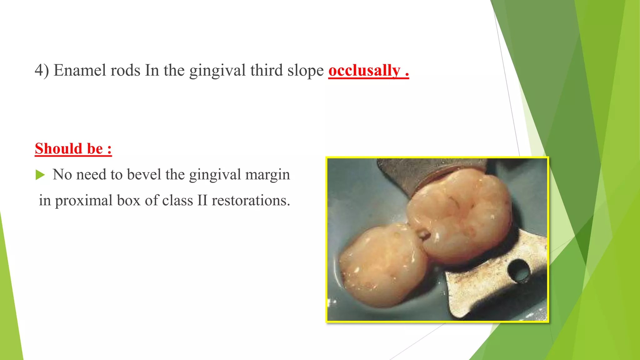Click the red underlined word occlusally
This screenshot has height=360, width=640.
pos(364,71)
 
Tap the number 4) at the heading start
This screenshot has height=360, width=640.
pos(42,71)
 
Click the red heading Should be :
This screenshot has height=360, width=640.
pos(73,149)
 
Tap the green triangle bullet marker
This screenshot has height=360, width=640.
pos(40,175)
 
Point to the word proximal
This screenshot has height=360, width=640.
pos(84,201)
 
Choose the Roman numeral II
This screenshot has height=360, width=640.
pos(202,201)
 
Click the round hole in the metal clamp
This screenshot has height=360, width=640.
pos(519,271)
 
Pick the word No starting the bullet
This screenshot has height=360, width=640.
pos(62,174)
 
